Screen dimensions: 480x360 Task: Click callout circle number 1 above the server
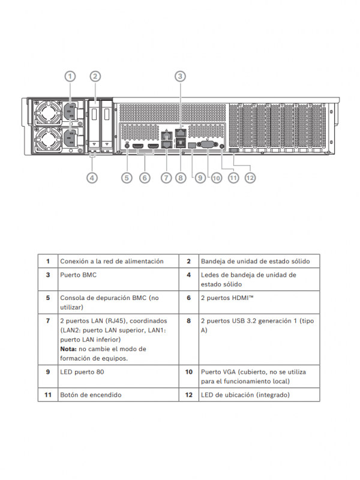tap(70, 76)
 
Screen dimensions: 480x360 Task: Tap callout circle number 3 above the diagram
tap(181, 76)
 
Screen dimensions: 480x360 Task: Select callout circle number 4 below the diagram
tap(92, 178)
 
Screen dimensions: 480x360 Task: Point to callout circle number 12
tap(250, 178)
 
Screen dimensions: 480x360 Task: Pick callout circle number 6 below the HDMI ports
tap(144, 178)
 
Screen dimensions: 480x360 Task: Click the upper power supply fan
tap(46, 113)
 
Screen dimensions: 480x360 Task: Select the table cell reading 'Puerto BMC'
tap(79, 275)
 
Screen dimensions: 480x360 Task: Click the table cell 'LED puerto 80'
tap(83, 372)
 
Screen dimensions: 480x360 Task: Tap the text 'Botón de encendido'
tap(91, 395)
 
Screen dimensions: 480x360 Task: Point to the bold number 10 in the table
tap(188, 372)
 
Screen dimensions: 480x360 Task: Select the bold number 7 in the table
tap(48, 321)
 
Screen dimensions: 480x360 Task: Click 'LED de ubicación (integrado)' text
tap(245, 395)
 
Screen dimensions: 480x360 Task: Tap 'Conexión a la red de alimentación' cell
tap(112, 262)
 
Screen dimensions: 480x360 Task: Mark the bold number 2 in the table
tap(188, 262)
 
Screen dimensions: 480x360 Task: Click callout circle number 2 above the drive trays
tap(95, 76)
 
